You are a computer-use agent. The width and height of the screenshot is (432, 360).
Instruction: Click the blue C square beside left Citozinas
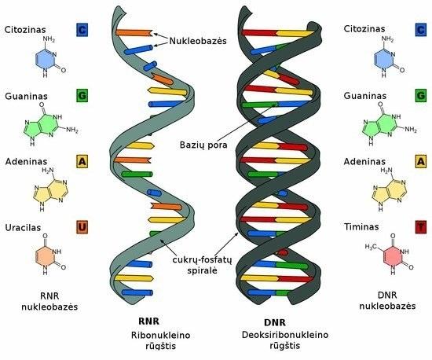click(x=82, y=30)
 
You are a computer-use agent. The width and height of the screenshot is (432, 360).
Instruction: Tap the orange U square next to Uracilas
click(x=82, y=227)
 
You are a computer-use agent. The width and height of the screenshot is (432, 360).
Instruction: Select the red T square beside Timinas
click(x=421, y=227)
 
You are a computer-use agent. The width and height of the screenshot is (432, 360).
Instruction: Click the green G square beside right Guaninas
click(x=421, y=95)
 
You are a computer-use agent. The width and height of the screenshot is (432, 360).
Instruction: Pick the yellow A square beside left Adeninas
click(x=82, y=162)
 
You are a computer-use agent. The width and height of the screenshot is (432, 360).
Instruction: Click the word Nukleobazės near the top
click(x=198, y=41)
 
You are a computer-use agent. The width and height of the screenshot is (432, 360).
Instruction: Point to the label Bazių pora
click(x=203, y=145)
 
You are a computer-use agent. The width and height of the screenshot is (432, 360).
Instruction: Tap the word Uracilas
click(x=23, y=228)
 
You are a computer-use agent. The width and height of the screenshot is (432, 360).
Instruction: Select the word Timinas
click(x=361, y=227)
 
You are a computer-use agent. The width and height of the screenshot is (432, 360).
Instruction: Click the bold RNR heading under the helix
click(x=148, y=321)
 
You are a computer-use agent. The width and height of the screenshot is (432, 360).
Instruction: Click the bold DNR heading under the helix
click(x=275, y=322)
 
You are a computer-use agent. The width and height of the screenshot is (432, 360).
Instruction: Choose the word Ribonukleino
click(x=160, y=335)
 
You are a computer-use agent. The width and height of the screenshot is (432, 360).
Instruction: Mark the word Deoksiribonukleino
click(x=285, y=335)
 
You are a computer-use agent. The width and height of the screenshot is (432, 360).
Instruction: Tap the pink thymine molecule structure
click(x=390, y=255)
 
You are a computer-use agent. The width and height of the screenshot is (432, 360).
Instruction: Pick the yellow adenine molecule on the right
click(x=389, y=189)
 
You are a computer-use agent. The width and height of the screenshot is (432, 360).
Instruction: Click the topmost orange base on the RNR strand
click(x=134, y=32)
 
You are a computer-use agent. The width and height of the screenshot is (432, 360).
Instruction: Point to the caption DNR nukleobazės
click(x=387, y=300)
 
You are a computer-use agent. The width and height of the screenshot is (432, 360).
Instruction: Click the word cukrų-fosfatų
click(x=202, y=259)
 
